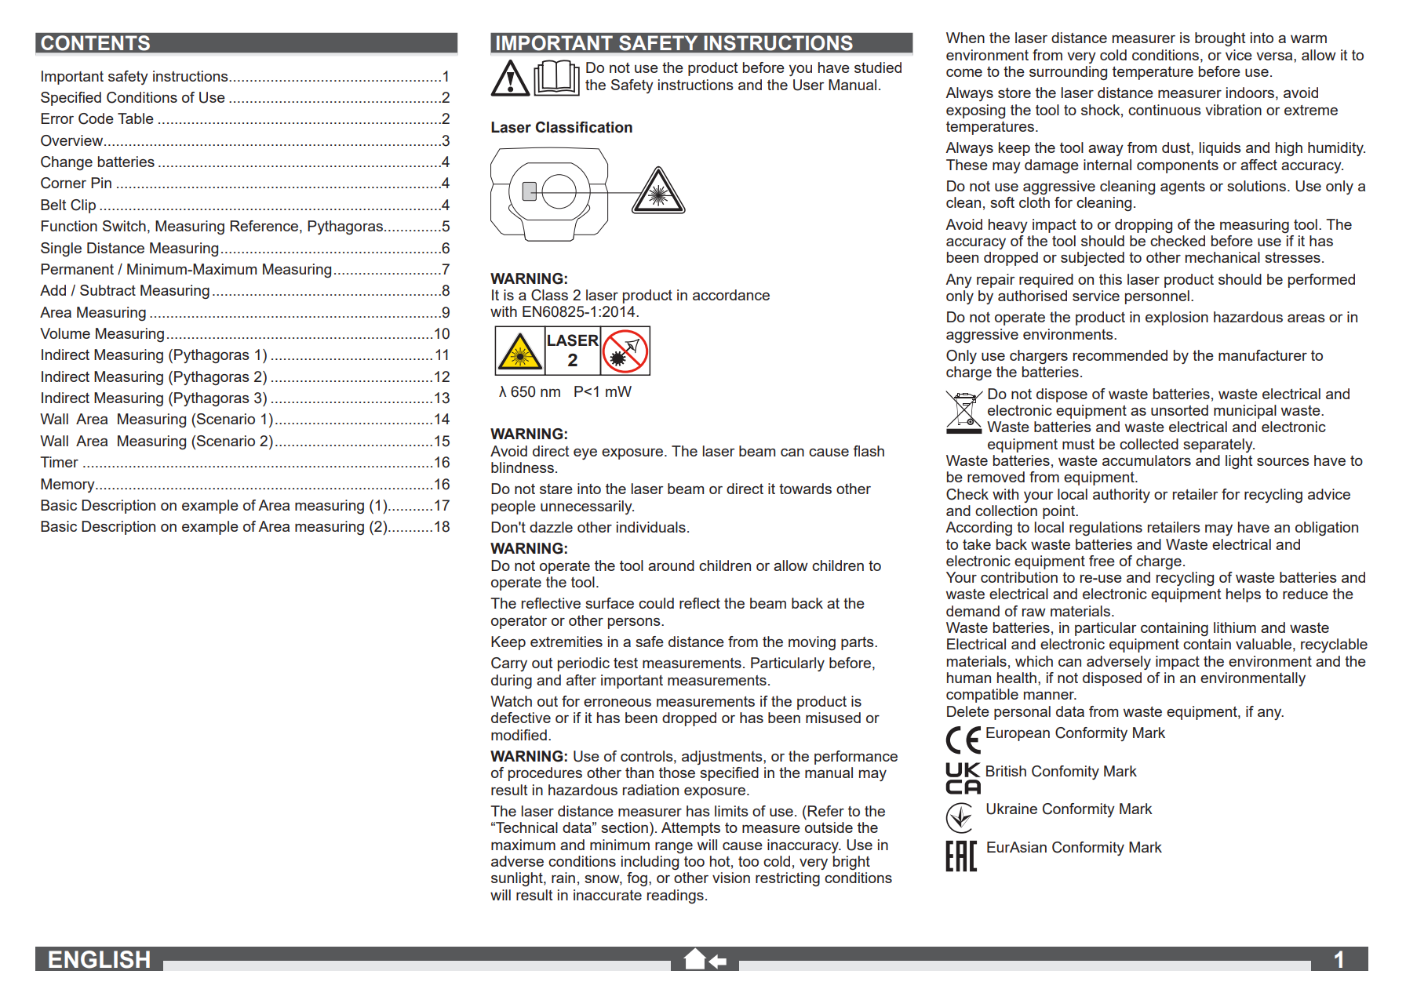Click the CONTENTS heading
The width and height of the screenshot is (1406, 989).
pos(96,43)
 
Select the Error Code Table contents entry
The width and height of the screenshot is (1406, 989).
pos(97,119)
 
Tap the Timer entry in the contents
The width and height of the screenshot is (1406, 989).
pos(60,463)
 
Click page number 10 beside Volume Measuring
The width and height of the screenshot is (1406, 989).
pos(442,334)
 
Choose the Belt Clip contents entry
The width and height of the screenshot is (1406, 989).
pos(68,205)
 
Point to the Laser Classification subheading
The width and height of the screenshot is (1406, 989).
pos(561,128)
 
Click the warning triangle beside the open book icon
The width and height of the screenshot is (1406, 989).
pos(510,78)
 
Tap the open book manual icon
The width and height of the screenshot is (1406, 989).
pos(556,78)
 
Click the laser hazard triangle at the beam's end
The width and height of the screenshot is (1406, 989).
pos(659,193)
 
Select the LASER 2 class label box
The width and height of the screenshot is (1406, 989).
pos(572,351)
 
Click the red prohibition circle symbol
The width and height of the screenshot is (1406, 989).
pos(625,351)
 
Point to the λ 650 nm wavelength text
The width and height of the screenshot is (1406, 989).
pos(530,392)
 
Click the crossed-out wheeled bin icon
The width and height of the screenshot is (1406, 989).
pos(963,412)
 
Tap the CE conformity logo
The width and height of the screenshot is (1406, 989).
pos(963,740)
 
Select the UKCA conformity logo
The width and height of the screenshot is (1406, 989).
pos(963,778)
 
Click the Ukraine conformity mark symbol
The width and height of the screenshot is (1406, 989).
pos(960,818)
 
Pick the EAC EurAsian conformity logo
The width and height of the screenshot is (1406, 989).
pos(961,856)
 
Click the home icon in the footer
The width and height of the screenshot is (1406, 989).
pos(695,958)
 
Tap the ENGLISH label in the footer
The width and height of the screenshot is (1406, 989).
pos(99,959)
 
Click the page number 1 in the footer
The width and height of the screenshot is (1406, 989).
pos(1339,959)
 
